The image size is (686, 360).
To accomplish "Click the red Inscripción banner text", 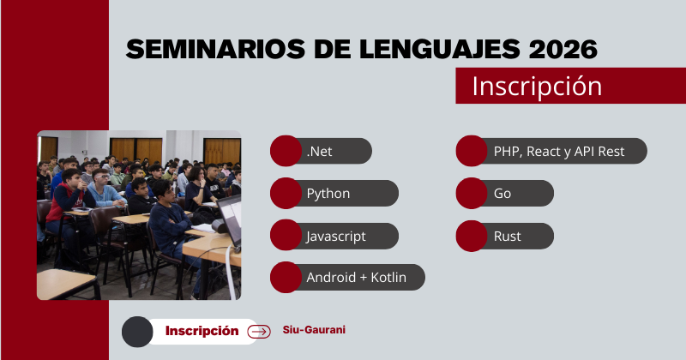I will pos(536,87).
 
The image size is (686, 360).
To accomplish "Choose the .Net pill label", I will pos(319,152).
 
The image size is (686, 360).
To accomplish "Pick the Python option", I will pos(328,194).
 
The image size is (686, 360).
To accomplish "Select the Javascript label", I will pos(335,236).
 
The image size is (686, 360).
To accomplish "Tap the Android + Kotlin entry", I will pos(356,278).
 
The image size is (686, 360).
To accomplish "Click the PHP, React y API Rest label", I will pos(559,152).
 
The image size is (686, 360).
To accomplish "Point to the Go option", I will pos(502,194).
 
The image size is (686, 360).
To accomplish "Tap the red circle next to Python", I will pos(285,194).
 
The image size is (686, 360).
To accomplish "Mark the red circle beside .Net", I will pos(285,152).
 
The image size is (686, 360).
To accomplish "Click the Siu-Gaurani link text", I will pos(314,330).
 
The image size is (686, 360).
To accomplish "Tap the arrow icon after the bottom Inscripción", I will pos(258,332).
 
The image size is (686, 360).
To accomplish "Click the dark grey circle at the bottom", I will pos(137,332).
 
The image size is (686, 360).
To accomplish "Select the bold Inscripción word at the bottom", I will pos(202,331).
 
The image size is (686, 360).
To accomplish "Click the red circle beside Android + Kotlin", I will pos(285,278).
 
